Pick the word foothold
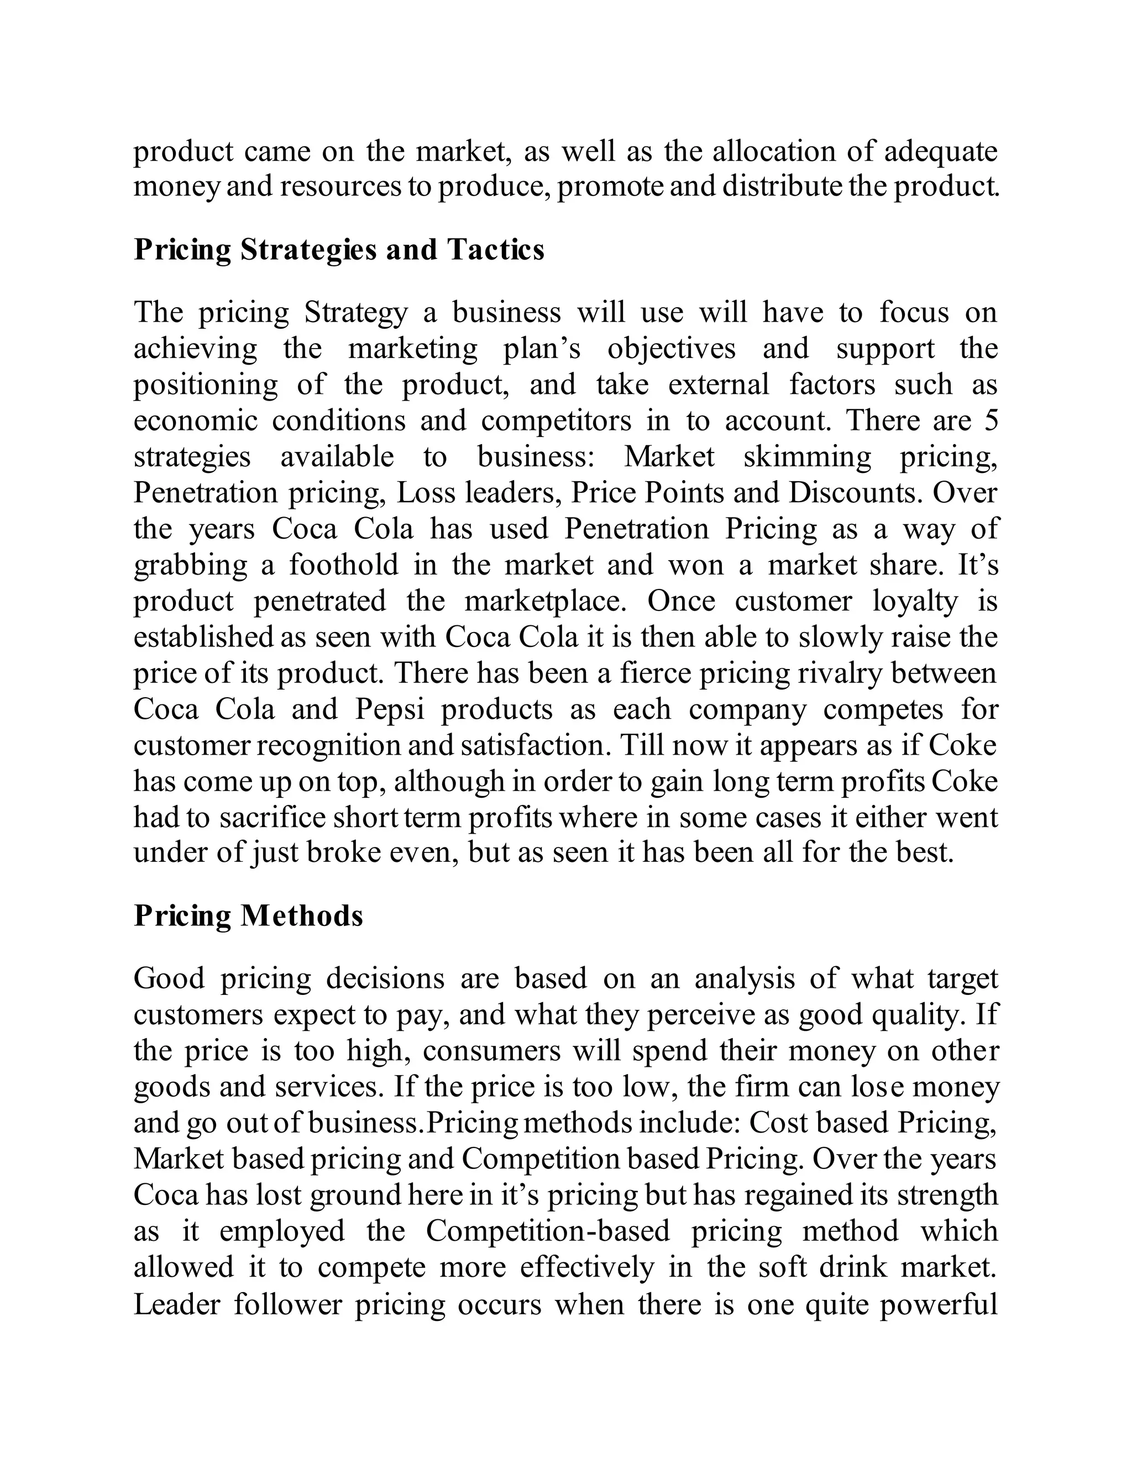click(x=344, y=565)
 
